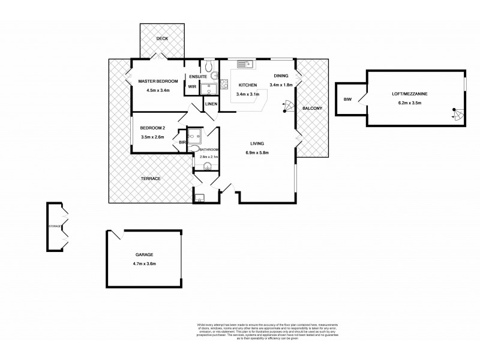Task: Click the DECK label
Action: [x=162, y=38]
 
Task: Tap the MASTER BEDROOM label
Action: [x=158, y=82]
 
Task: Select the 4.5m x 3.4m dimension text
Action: [x=158, y=91]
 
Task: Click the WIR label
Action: [x=192, y=86]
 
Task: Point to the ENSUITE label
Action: [x=198, y=77]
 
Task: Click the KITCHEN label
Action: [x=247, y=85]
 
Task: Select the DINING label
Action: [x=281, y=76]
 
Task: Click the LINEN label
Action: [x=211, y=104]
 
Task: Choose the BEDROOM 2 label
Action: [x=153, y=128]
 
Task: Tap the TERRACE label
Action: [x=150, y=179]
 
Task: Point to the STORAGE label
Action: [x=55, y=227]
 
